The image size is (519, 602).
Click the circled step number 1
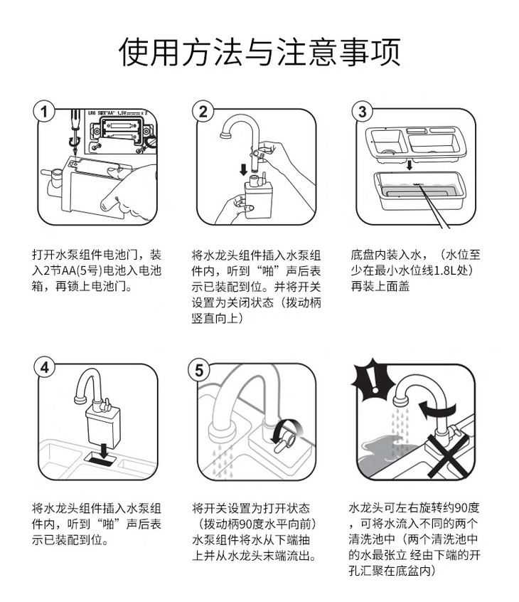point(44,112)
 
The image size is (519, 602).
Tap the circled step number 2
point(203,111)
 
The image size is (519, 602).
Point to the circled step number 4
point(45,367)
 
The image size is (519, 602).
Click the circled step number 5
point(199,370)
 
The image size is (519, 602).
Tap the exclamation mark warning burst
point(373,380)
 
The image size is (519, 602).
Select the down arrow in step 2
point(243,169)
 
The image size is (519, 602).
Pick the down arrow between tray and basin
point(410,165)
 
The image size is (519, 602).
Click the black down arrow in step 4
point(103,450)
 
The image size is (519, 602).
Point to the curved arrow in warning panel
point(437,410)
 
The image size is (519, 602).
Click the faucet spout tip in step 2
point(225,134)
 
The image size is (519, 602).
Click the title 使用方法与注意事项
point(259,52)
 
